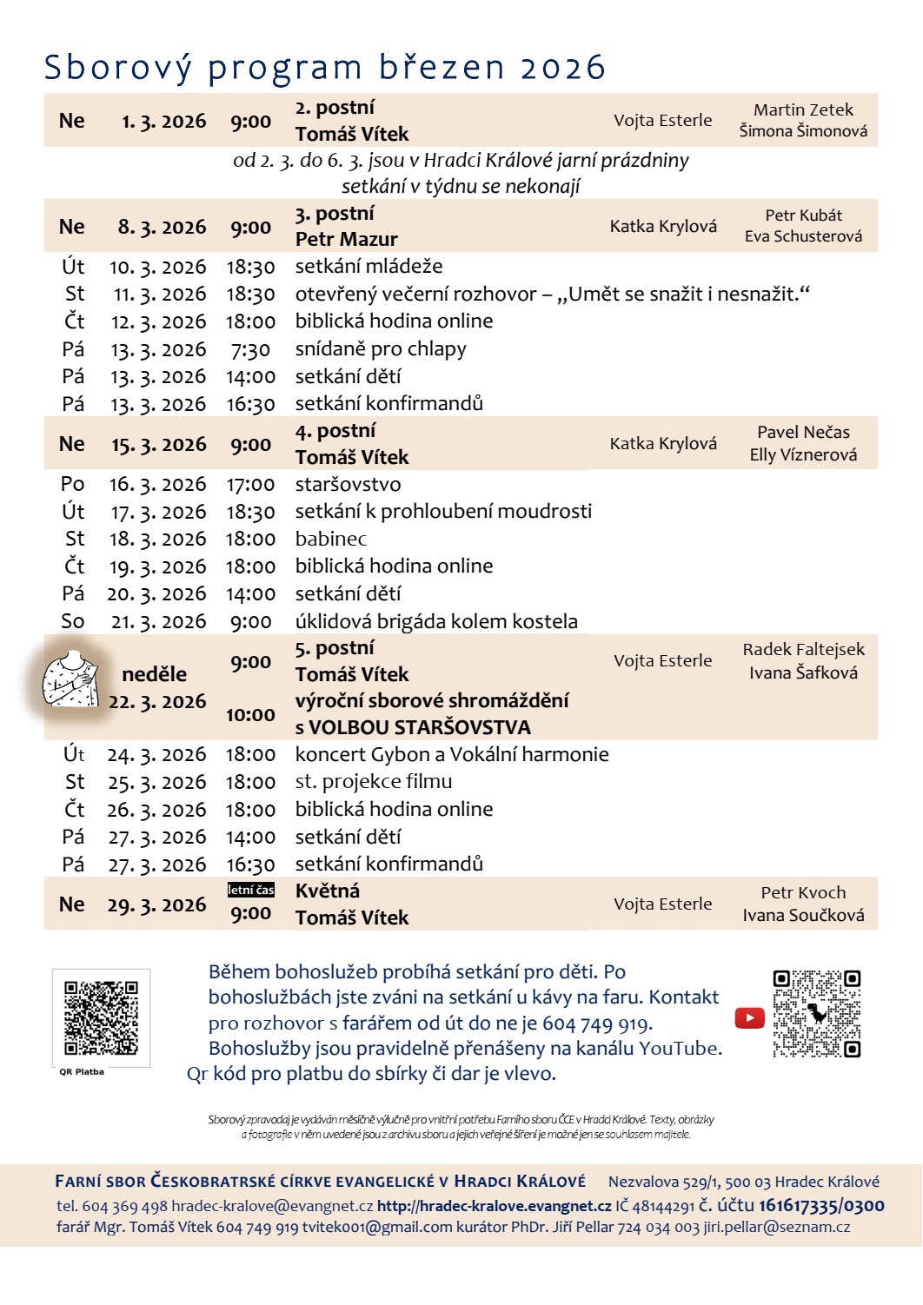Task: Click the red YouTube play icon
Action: [749, 1017]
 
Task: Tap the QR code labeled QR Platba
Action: [101, 1017]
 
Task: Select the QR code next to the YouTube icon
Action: [816, 1013]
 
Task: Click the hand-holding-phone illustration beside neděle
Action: [71, 679]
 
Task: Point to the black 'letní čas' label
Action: [250, 890]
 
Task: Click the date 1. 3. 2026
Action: [163, 122]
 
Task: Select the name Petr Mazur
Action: [346, 239]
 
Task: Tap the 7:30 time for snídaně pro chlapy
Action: [250, 349]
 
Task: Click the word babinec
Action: [330, 539]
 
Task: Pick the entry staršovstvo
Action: [348, 484]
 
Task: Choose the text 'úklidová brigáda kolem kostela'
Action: [436, 621]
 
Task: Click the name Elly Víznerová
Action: [803, 454]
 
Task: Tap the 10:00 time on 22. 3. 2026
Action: [250, 715]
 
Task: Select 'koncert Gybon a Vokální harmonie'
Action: [452, 754]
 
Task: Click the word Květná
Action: [327, 891]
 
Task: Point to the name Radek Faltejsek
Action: [803, 649]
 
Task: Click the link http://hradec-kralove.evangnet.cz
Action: [494, 1206]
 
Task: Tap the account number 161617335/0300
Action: [821, 1205]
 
